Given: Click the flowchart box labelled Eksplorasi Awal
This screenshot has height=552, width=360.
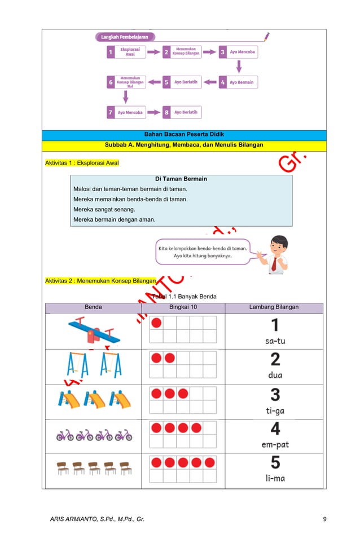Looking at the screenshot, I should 126,52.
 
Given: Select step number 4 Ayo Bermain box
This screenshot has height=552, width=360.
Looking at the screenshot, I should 238,82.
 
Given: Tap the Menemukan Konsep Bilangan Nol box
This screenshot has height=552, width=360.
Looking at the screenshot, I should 126,82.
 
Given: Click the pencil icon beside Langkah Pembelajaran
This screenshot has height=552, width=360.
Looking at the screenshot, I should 266,37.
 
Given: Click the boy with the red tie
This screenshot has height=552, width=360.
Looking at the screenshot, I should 275,253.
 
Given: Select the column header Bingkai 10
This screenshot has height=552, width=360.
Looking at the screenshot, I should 183,307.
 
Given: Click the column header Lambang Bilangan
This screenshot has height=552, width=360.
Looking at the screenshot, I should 274,307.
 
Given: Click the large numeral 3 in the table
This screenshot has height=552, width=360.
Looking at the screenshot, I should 275,395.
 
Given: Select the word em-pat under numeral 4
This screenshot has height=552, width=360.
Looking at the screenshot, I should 275,445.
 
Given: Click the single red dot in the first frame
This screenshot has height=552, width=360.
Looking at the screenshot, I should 156,323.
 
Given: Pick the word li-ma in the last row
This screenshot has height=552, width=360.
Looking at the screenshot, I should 275,478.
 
